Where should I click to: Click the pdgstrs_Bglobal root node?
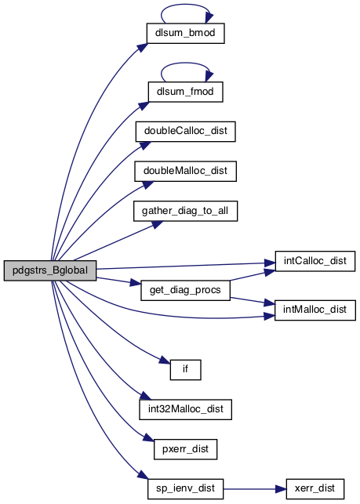(x=50, y=270)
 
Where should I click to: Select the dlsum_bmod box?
(x=185, y=33)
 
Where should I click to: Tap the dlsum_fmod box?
(x=185, y=92)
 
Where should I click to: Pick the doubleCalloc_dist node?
(x=185, y=132)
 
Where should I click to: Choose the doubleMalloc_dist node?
(x=185, y=172)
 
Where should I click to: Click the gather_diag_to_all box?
(x=185, y=211)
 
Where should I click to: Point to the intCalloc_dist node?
(x=315, y=261)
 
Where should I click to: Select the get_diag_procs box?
(x=185, y=291)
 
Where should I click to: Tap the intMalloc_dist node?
(x=315, y=310)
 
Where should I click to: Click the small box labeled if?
(x=185, y=370)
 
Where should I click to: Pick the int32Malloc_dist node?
(x=185, y=409)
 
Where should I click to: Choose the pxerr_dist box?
(x=185, y=449)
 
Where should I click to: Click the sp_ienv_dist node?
(x=185, y=489)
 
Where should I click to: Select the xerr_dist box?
(x=315, y=489)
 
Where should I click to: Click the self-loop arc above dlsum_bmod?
(x=185, y=5)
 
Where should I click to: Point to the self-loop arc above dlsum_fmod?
(x=185, y=63)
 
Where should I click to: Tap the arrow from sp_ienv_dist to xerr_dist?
(x=255, y=489)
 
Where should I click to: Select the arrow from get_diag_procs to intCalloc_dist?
(x=253, y=275)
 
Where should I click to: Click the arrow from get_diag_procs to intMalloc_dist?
(x=253, y=301)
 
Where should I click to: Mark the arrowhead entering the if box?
(x=165, y=360)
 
